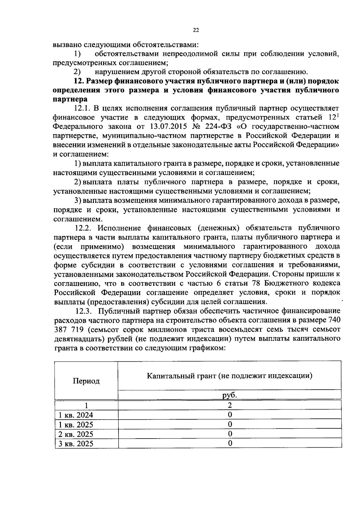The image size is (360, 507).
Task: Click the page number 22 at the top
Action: point(196,30)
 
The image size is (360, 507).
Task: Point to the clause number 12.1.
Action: point(82,108)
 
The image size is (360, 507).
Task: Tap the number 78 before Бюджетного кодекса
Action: point(257,283)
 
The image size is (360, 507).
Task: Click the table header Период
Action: point(86,381)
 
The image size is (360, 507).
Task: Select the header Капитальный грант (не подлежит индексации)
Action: point(229,376)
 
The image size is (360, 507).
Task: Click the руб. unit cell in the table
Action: point(229,395)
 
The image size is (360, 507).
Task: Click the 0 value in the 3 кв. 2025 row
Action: point(230,443)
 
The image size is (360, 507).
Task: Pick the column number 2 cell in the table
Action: point(230,405)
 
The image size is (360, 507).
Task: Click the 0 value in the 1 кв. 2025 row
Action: point(230,424)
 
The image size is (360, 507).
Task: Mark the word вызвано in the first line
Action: point(67,45)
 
